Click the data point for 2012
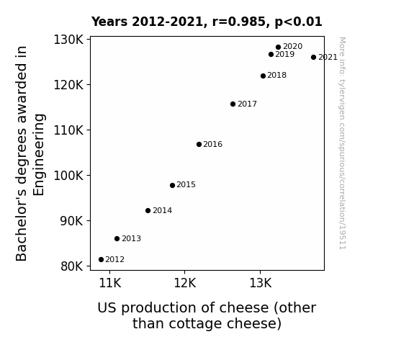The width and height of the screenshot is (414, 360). [x=101, y=260]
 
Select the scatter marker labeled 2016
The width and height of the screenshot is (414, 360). [x=199, y=144]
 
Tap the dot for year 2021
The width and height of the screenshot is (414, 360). [x=313, y=58]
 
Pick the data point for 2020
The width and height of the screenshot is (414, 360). [x=279, y=48]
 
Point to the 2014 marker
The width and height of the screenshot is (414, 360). [x=148, y=210]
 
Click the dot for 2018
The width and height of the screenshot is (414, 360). [x=263, y=76]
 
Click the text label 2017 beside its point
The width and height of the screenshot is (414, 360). [x=247, y=104]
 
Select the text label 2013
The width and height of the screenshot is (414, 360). [x=132, y=238]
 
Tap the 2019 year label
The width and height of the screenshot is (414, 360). [x=284, y=54]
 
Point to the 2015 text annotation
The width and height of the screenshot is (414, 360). [x=186, y=184]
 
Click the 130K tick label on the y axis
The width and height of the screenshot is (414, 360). [x=68, y=40]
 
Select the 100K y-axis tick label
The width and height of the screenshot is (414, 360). [x=68, y=176]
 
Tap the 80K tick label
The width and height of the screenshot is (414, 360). [x=72, y=266]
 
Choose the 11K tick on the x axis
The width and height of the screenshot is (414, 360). [x=110, y=283]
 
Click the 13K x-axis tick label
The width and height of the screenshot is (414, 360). [x=261, y=283]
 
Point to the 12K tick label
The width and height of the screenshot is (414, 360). [x=185, y=283]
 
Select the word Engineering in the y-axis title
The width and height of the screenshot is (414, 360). [x=39, y=155]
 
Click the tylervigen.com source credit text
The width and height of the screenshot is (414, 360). [x=342, y=143]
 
